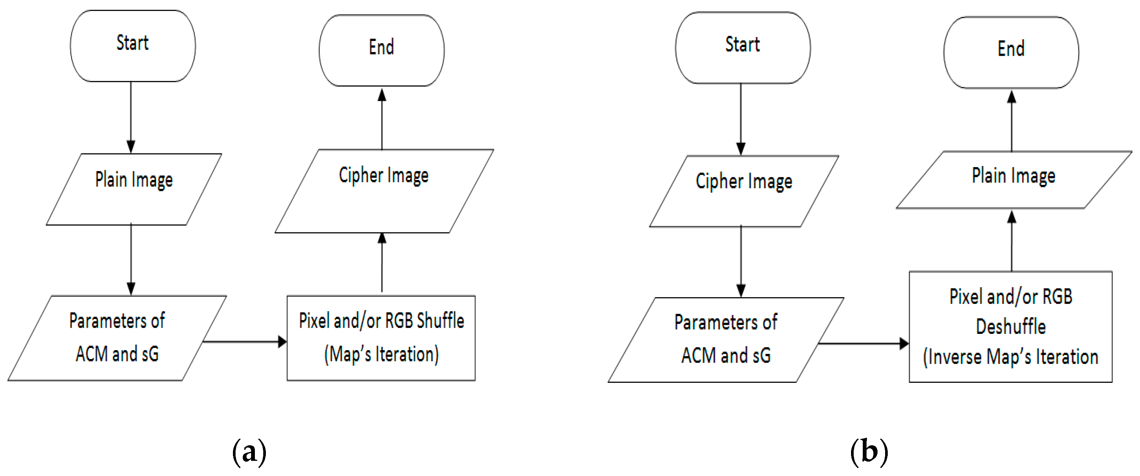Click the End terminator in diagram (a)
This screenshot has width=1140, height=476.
tap(381, 50)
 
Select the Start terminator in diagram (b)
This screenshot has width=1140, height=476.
tap(743, 47)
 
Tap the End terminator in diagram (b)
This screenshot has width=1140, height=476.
tap(1011, 52)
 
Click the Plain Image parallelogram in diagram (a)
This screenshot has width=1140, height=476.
tap(134, 189)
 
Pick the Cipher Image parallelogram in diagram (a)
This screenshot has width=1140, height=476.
tap(384, 190)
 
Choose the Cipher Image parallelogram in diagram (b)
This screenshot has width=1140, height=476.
tap(744, 191)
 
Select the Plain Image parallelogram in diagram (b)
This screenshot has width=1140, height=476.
tap(1014, 179)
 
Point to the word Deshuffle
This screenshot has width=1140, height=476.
tap(1011, 327)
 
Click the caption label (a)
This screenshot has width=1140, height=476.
tap(249, 452)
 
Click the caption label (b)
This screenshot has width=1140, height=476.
tap(869, 452)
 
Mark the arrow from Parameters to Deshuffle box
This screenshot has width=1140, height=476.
tap(863, 343)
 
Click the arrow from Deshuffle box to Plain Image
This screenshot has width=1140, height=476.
tap(1012, 241)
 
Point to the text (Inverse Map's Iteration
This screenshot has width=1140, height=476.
tap(1011, 357)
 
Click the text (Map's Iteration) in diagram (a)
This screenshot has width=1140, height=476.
tap(381, 355)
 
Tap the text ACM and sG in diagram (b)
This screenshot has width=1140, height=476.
tap(726, 355)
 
